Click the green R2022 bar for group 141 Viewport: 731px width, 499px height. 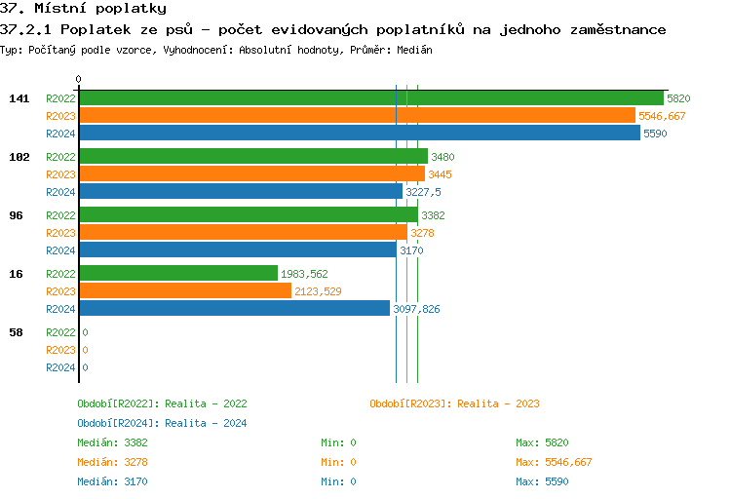[x=370, y=98]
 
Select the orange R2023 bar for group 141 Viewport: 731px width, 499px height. [x=357, y=116]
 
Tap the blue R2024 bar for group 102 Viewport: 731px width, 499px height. [x=241, y=192]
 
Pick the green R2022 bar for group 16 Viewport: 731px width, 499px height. [x=178, y=274]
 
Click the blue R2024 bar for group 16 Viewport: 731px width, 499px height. [x=235, y=309]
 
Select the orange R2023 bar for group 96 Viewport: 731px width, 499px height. [x=243, y=233]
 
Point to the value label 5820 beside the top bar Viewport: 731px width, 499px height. [x=678, y=98]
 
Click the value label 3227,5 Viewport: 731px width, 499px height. [x=423, y=192]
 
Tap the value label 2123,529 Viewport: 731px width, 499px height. [x=318, y=291]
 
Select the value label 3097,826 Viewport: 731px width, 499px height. [x=416, y=309]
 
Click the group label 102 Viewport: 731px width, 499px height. [x=19, y=157]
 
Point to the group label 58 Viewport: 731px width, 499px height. [x=16, y=332]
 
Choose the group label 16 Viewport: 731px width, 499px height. [x=16, y=274]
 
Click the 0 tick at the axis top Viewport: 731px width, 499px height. [x=79, y=79]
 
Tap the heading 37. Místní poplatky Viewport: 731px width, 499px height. [x=83, y=9]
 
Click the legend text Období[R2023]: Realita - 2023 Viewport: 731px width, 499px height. [x=454, y=403]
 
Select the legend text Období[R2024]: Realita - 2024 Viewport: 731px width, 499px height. [x=162, y=423]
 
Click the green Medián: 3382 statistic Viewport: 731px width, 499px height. [x=113, y=442]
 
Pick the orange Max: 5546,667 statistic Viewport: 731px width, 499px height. [x=554, y=462]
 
